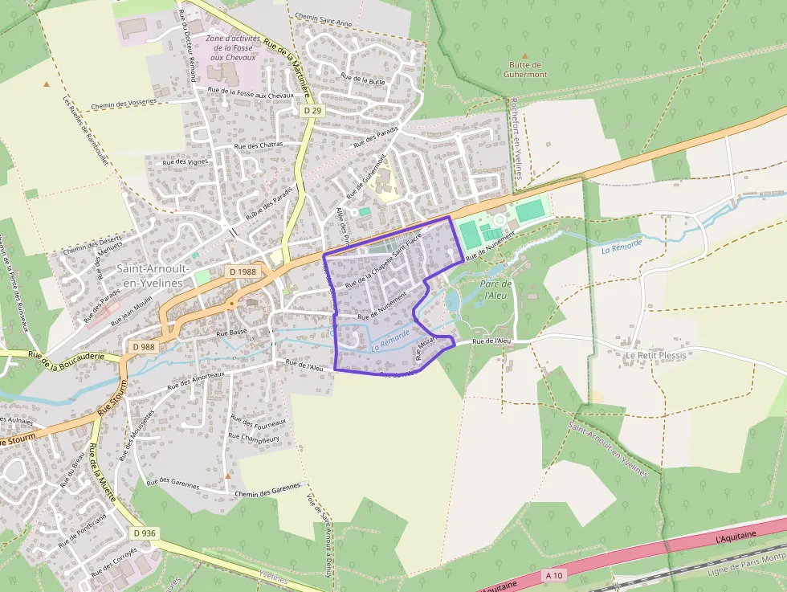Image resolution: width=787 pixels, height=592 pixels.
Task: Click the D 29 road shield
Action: [x=312, y=110]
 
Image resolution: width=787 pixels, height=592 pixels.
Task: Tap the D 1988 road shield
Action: [x=242, y=272]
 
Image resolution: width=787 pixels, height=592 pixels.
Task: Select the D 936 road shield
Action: [x=145, y=533]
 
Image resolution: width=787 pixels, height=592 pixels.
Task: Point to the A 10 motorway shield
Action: [x=554, y=575]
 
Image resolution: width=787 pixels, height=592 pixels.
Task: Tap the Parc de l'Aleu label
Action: [x=495, y=290]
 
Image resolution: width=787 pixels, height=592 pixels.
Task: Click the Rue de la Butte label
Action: [x=363, y=79]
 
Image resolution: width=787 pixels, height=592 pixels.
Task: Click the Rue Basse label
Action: [x=231, y=332]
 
